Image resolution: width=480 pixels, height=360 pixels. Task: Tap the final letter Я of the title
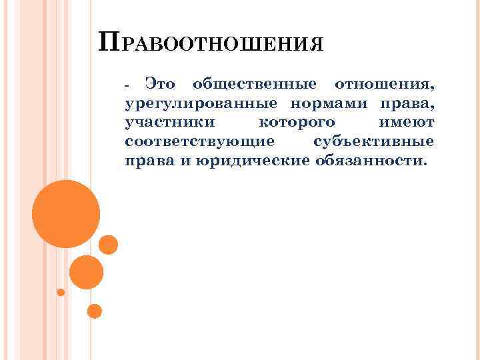(317, 46)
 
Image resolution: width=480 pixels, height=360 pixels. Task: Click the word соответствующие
(199, 142)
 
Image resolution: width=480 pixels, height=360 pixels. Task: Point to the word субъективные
(373, 142)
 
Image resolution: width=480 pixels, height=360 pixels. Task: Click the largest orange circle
(66, 214)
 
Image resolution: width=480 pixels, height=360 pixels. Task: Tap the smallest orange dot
(61, 292)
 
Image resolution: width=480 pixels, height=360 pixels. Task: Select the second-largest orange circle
(86, 272)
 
